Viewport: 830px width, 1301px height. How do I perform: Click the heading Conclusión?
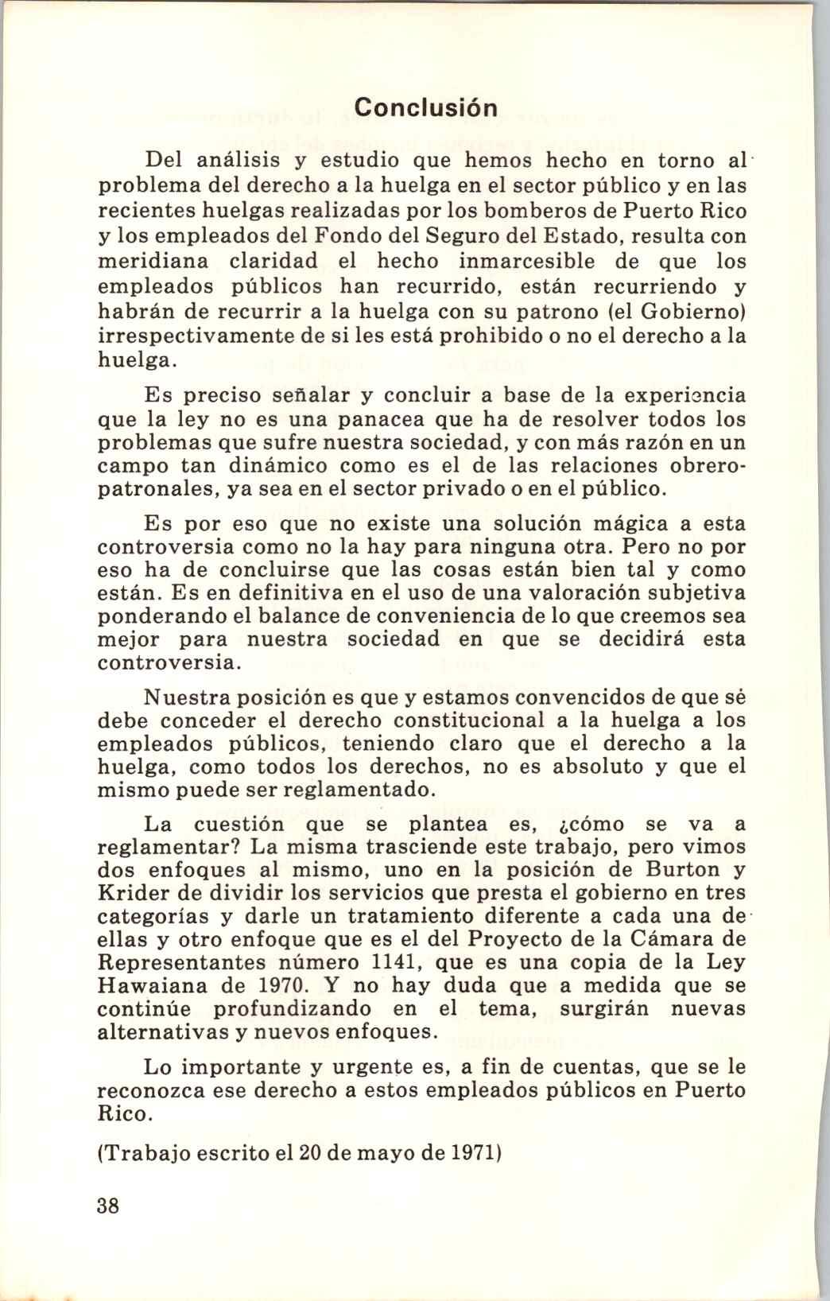coord(426,107)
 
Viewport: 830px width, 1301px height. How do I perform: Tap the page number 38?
coord(107,1205)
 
